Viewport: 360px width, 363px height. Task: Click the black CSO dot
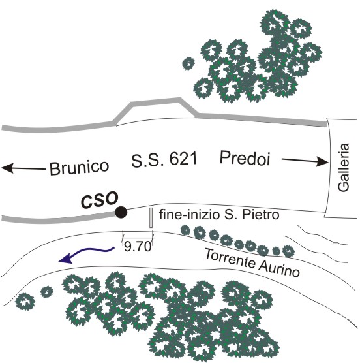click(121, 212)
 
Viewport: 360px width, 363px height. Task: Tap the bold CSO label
click(100, 200)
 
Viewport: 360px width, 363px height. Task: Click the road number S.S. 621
click(164, 159)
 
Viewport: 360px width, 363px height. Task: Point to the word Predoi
click(245, 158)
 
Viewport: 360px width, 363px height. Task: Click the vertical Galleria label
click(343, 167)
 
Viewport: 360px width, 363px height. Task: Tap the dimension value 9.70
click(138, 246)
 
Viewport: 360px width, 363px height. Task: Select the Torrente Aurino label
click(252, 262)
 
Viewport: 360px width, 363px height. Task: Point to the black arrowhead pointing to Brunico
click(7, 168)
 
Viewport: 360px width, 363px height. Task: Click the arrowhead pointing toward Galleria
click(322, 161)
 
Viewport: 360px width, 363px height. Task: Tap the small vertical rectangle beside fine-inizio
click(151, 217)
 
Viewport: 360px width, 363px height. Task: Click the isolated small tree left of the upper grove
click(188, 63)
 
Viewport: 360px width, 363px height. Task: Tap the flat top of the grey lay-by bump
click(156, 101)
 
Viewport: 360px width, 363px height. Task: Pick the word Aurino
click(279, 269)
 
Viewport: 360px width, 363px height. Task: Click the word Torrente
click(230, 257)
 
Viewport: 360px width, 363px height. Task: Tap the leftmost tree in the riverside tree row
click(185, 230)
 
